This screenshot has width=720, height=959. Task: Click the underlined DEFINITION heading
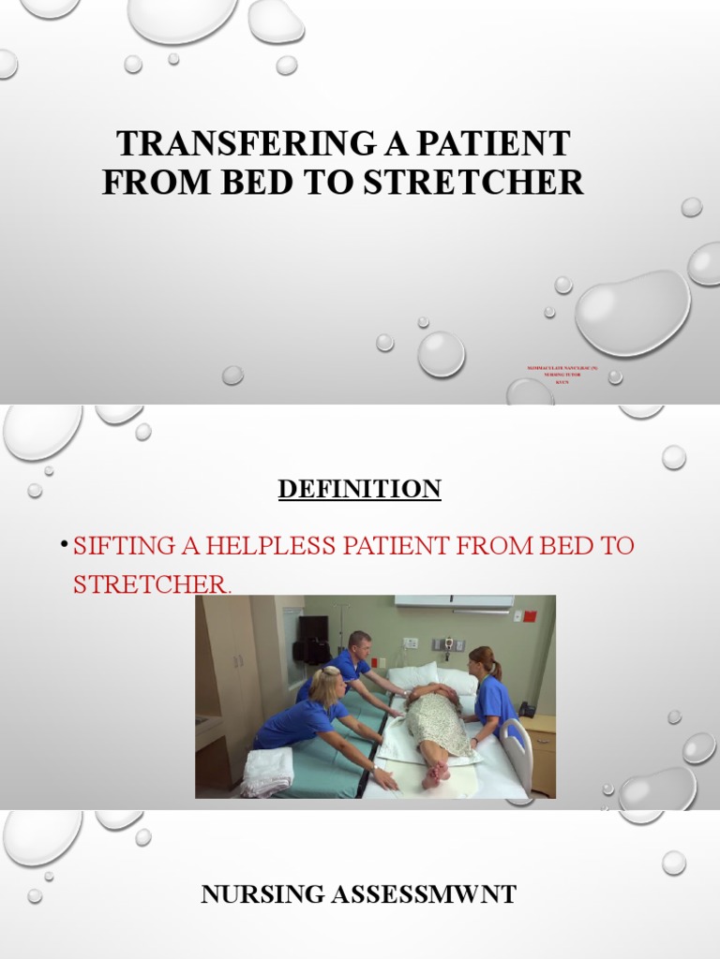pyautogui.click(x=359, y=489)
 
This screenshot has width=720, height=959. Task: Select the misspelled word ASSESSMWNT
pyautogui.click(x=423, y=895)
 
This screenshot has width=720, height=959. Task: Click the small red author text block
pyautogui.click(x=562, y=376)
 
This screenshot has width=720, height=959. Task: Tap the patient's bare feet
pyautogui.click(x=435, y=774)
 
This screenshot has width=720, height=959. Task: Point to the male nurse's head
pyautogui.click(x=358, y=645)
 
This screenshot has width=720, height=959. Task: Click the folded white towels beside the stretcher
pyautogui.click(x=268, y=771)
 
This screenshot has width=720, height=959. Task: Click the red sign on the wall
pyautogui.click(x=530, y=616)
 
